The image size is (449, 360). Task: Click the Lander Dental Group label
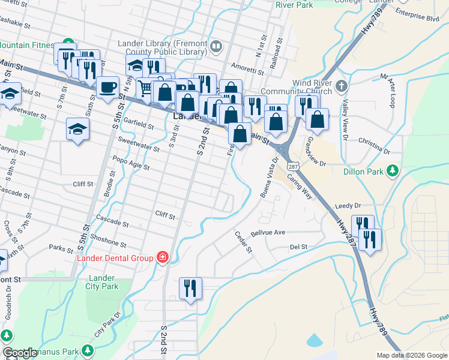(116, 258)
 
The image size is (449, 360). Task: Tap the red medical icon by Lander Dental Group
(162, 258)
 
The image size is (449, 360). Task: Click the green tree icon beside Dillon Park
(393, 170)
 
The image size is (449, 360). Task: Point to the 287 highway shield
(292, 164)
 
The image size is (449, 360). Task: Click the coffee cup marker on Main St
(107, 87)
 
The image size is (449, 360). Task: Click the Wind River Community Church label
(312, 87)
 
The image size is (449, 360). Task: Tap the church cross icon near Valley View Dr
(342, 85)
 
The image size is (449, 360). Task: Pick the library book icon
(216, 45)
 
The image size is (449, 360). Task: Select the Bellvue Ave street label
(268, 232)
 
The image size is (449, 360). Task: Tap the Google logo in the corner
(20, 353)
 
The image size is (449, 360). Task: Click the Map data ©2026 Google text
(412, 355)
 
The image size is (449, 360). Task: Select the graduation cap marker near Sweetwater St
(77, 128)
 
